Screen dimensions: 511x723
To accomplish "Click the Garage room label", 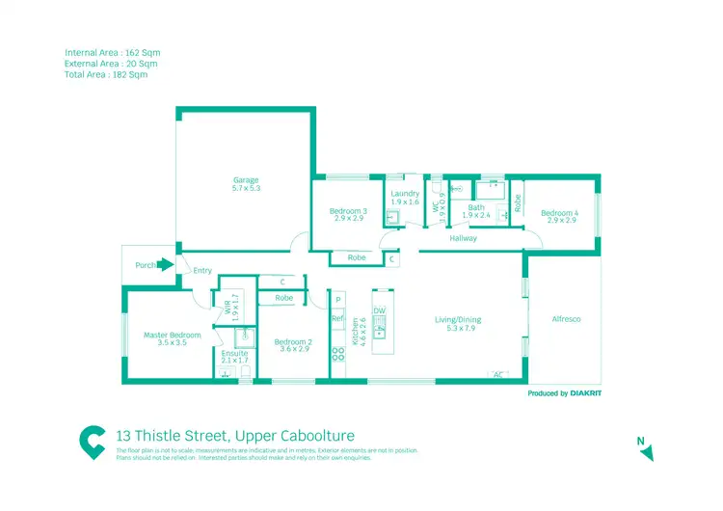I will tap(245, 180).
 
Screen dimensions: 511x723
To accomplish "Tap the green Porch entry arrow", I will tap(166, 264).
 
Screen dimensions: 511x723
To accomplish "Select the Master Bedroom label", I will tap(173, 335).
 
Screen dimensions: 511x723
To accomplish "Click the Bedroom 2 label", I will tap(293, 342).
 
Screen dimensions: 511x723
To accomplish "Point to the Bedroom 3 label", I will tap(348, 211).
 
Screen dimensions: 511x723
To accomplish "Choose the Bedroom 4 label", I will tap(559, 213).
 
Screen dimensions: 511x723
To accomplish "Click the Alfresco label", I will tap(566, 319).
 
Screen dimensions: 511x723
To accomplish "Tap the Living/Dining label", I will tap(457, 320).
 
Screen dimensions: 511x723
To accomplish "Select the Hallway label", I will tap(463, 238).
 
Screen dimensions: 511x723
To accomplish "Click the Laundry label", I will tap(405, 194).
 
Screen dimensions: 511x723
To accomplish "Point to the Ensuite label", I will tap(234, 354).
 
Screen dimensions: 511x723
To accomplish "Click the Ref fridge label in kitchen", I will tap(337, 318).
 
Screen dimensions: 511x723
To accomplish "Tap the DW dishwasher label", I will tap(379, 311).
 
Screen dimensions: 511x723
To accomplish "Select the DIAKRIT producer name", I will tap(586, 393).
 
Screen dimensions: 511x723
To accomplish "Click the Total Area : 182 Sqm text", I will tap(105, 73).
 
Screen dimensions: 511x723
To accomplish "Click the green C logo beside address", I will tap(93, 441).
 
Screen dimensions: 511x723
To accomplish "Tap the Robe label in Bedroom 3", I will tap(356, 257).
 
